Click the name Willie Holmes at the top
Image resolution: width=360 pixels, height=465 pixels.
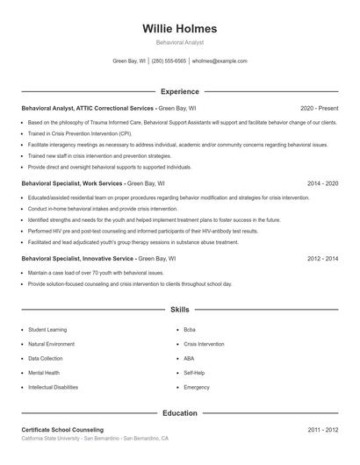coord(179,28)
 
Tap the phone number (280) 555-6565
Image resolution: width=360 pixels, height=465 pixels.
coord(169,61)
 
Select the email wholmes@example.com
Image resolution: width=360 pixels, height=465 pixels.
coord(220,61)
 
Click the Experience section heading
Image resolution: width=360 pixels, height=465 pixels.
coord(179,91)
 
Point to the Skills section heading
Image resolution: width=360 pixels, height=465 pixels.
coord(179,310)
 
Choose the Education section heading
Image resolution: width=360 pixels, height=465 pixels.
coord(179,412)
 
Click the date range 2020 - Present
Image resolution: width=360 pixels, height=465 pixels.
coord(319,108)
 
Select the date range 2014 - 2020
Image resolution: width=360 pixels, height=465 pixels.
coord(322,183)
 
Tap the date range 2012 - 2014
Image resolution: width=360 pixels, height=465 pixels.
coord(322,259)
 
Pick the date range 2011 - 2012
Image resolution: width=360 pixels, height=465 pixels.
coord(322,430)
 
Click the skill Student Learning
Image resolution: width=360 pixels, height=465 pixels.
coord(49,329)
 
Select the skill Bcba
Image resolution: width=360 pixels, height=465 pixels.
coord(190,329)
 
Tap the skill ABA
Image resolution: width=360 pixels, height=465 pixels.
coord(189,358)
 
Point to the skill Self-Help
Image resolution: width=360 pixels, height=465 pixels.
coord(194,372)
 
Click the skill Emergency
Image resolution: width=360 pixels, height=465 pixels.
coord(197,387)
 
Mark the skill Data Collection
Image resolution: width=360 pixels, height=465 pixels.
coord(46,358)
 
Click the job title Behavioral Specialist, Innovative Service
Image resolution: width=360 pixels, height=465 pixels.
coord(78,259)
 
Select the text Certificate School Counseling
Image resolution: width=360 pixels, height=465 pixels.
coord(62,430)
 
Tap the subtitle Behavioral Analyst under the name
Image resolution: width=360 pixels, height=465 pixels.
coord(179,42)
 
